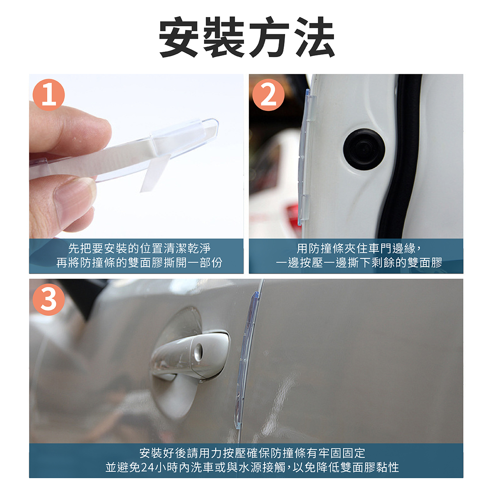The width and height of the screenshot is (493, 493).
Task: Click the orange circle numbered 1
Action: point(48,94)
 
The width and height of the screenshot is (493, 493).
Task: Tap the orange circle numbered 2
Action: point(268,94)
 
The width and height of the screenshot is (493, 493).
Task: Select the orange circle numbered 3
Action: point(48,299)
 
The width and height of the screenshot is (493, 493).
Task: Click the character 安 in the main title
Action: point(179,37)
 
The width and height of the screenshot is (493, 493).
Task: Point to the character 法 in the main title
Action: point(314,37)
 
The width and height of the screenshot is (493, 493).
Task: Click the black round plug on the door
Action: point(364,149)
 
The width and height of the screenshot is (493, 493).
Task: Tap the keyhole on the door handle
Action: point(198,352)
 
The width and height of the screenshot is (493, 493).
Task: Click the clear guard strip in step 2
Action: point(306,157)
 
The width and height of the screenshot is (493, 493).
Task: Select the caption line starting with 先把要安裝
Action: point(139,249)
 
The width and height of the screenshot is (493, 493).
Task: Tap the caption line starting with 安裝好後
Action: point(252,453)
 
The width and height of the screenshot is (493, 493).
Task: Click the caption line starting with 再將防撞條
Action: point(139,263)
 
